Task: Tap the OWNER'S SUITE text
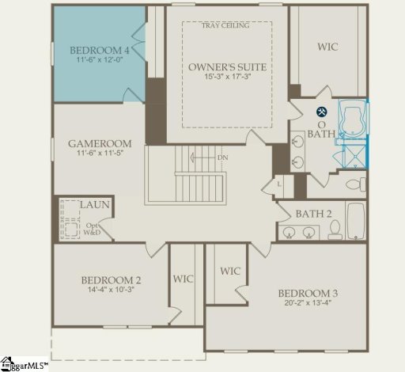tap(227, 66)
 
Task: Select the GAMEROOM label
tap(99, 143)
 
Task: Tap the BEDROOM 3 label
tap(287, 292)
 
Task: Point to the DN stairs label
tap(223, 158)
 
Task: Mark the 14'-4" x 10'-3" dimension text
tap(111, 292)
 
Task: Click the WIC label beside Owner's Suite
tap(327, 47)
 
